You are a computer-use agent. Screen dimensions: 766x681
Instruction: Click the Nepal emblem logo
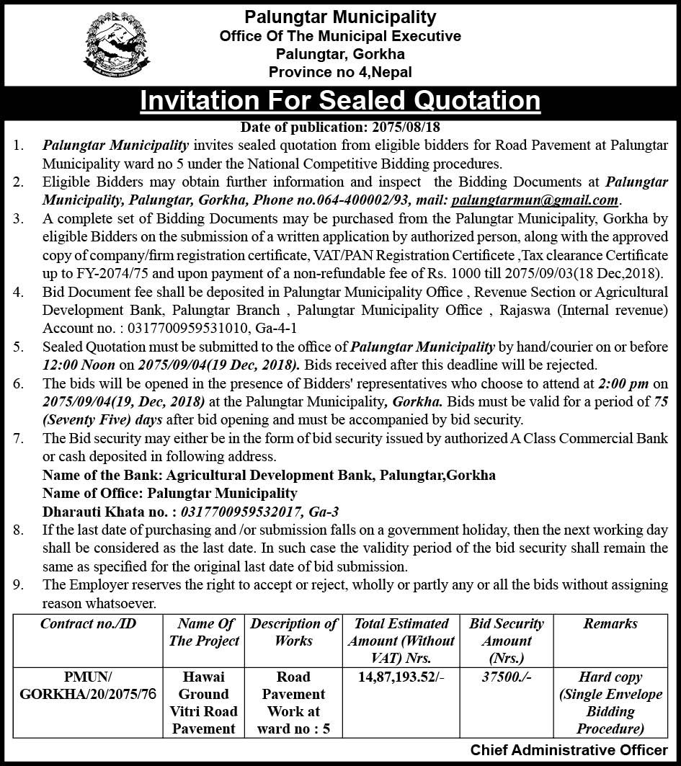click(x=117, y=45)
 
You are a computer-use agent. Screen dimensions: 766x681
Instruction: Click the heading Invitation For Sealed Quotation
click(x=340, y=100)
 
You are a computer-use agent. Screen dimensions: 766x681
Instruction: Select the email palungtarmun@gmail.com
click(x=535, y=200)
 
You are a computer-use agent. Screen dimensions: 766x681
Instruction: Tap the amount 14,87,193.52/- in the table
click(x=401, y=677)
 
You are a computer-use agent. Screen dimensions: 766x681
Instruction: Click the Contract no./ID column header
click(x=88, y=624)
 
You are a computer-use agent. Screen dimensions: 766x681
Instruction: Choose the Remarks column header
click(x=610, y=624)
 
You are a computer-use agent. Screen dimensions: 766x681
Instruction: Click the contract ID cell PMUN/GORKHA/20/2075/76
click(x=88, y=686)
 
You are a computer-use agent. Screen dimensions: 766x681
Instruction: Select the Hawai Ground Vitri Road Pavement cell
click(x=204, y=703)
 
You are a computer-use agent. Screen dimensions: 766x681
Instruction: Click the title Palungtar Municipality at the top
click(x=340, y=16)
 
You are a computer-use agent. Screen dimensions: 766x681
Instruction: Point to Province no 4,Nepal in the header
click(x=340, y=72)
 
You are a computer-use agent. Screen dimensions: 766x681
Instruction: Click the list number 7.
click(x=19, y=437)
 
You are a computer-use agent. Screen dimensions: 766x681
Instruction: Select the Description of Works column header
click(x=293, y=632)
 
